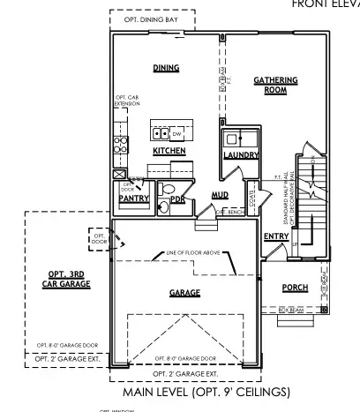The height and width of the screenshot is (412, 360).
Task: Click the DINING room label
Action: coord(167,67)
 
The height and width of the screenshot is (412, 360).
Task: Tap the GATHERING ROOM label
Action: coord(275,85)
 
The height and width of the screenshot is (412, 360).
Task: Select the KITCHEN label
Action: coord(169,151)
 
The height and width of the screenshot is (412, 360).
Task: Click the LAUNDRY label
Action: coord(240,155)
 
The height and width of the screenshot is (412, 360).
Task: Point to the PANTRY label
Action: coord(132,199)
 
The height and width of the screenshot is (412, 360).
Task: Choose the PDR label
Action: coord(177,199)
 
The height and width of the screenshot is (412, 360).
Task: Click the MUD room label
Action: coord(221,195)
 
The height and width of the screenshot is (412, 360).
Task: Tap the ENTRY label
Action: coord(276,236)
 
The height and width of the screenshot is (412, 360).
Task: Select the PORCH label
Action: coord(295,288)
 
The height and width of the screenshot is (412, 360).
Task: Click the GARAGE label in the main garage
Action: coord(184,293)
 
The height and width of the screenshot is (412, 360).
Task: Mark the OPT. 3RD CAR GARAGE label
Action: coord(61,281)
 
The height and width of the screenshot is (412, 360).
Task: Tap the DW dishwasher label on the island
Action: coord(176,134)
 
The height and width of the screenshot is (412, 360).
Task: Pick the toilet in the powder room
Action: coord(164,207)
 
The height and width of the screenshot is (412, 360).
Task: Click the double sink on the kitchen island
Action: coord(161,134)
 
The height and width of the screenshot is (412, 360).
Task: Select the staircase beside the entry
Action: coord(310,190)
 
